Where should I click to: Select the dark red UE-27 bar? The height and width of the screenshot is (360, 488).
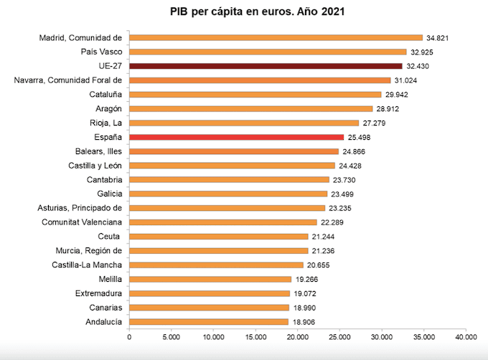pos(276,66)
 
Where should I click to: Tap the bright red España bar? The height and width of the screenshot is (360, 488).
pos(236,137)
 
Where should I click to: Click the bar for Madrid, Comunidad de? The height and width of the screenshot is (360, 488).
pos(276,38)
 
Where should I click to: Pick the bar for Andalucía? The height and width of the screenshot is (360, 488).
pos(209,322)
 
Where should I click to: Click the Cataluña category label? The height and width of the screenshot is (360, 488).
pos(105,95)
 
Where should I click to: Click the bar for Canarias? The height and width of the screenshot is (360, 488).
pos(209,308)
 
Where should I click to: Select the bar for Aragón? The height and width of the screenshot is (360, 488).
pos(250,109)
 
